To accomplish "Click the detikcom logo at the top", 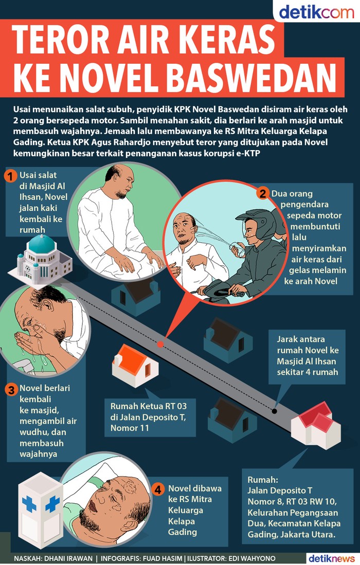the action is tap(316, 12).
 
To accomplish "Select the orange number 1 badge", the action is tap(10, 176).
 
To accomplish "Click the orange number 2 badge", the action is tap(263, 193).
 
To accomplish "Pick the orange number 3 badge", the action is tap(11, 390).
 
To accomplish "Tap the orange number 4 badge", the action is tap(157, 489).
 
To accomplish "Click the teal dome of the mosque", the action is tap(42, 244).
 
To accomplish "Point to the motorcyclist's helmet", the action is tap(256, 223).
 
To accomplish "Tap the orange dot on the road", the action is tap(160, 344).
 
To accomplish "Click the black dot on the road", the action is tap(275, 411).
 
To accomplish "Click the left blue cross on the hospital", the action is tap(29, 504).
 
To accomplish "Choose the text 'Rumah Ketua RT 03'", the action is tap(149, 406).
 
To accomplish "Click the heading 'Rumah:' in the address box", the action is tap(263, 480).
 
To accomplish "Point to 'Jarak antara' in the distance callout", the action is tap(300, 339).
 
